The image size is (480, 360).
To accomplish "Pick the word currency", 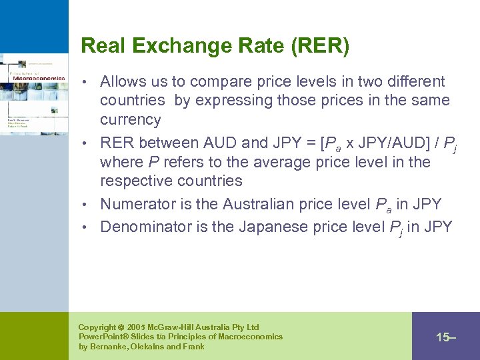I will point(131,120).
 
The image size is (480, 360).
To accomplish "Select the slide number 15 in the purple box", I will point(443,337).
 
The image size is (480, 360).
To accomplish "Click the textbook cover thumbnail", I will point(33,93).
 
